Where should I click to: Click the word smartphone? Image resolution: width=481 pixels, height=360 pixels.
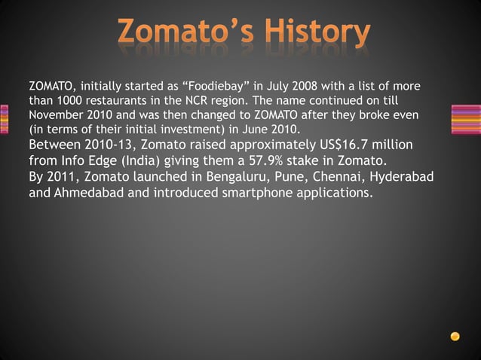click(240, 193)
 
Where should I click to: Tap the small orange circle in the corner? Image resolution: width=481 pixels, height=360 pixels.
click(455, 335)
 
